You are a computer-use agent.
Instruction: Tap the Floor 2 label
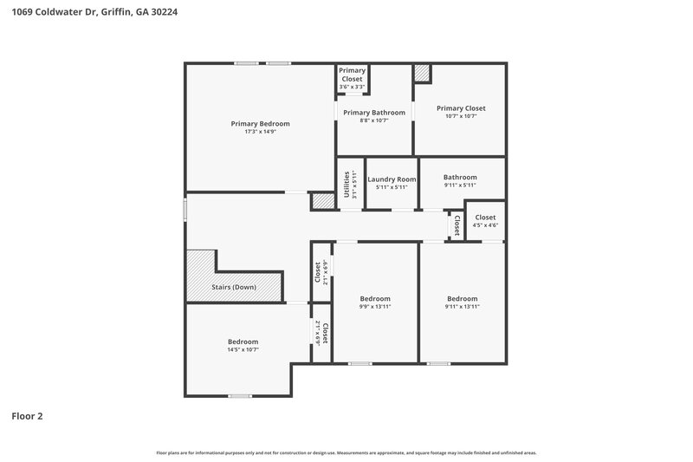[27, 416]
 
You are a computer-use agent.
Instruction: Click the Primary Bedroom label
[260, 124]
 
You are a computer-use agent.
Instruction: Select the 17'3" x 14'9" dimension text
[260, 132]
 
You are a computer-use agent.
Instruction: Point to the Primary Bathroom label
[374, 113]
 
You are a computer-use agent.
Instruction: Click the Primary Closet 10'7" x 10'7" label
[461, 108]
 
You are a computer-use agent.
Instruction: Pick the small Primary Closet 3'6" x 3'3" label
[352, 75]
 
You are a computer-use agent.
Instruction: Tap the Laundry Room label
[392, 179]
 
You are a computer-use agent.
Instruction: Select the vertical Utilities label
[347, 184]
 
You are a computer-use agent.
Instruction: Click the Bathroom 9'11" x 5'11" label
[460, 177]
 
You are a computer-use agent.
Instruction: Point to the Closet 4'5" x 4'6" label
[485, 218]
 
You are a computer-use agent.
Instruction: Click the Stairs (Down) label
[234, 287]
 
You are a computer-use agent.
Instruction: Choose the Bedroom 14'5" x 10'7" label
[243, 342]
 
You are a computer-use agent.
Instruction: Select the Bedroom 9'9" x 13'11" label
[375, 299]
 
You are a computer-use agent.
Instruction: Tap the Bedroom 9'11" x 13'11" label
[462, 299]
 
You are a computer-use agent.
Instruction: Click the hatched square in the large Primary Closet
[422, 74]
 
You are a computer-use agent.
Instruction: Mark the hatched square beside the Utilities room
[322, 201]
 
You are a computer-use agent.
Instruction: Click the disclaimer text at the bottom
[346, 452]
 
